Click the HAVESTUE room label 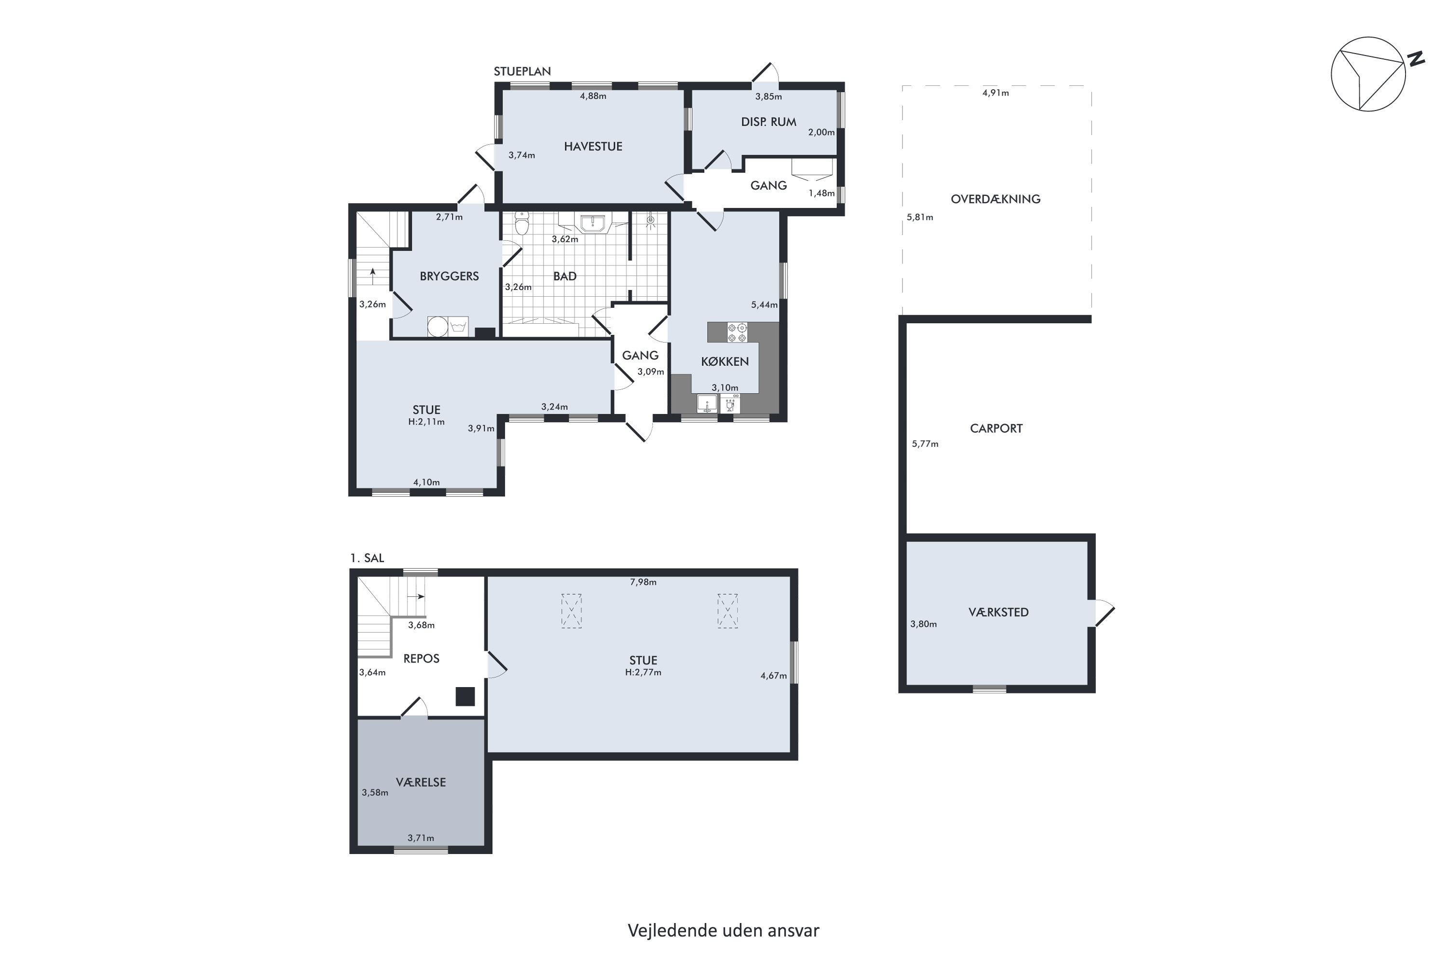click(593, 147)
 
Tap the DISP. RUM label click(768, 122)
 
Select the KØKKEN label click(725, 361)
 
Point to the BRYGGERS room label click(449, 276)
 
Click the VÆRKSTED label click(998, 612)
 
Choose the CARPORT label click(996, 428)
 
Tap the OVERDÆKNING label click(996, 199)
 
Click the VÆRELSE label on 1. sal click(421, 782)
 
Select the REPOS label click(422, 659)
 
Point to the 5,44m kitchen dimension click(764, 304)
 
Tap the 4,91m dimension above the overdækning click(996, 93)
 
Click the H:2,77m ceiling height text click(643, 673)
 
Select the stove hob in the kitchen click(737, 332)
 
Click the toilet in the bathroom click(522, 224)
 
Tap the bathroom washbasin click(592, 223)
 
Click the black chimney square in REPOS click(465, 697)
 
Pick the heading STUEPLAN click(522, 71)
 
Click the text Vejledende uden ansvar click(723, 931)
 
